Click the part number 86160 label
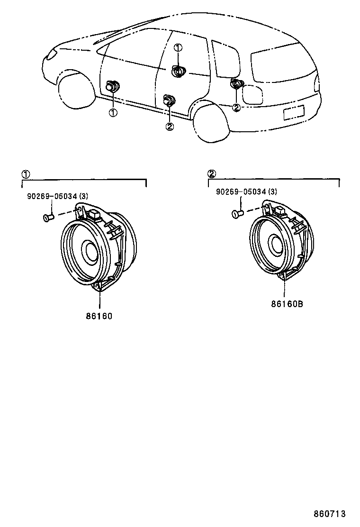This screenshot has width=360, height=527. coord(99,316)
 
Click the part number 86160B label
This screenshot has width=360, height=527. coord(287,304)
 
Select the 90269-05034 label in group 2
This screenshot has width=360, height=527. coord(246,191)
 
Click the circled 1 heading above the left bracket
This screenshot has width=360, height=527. coord(26,174)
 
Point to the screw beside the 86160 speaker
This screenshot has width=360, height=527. coord(47,218)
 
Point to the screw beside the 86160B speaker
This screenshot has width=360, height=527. coord(237,214)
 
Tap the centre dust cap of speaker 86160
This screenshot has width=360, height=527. coord(90,251)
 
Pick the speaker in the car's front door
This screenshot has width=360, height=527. coord(113,87)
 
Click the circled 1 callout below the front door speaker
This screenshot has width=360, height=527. coord(113,112)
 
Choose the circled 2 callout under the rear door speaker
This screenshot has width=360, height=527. coord(170,126)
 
